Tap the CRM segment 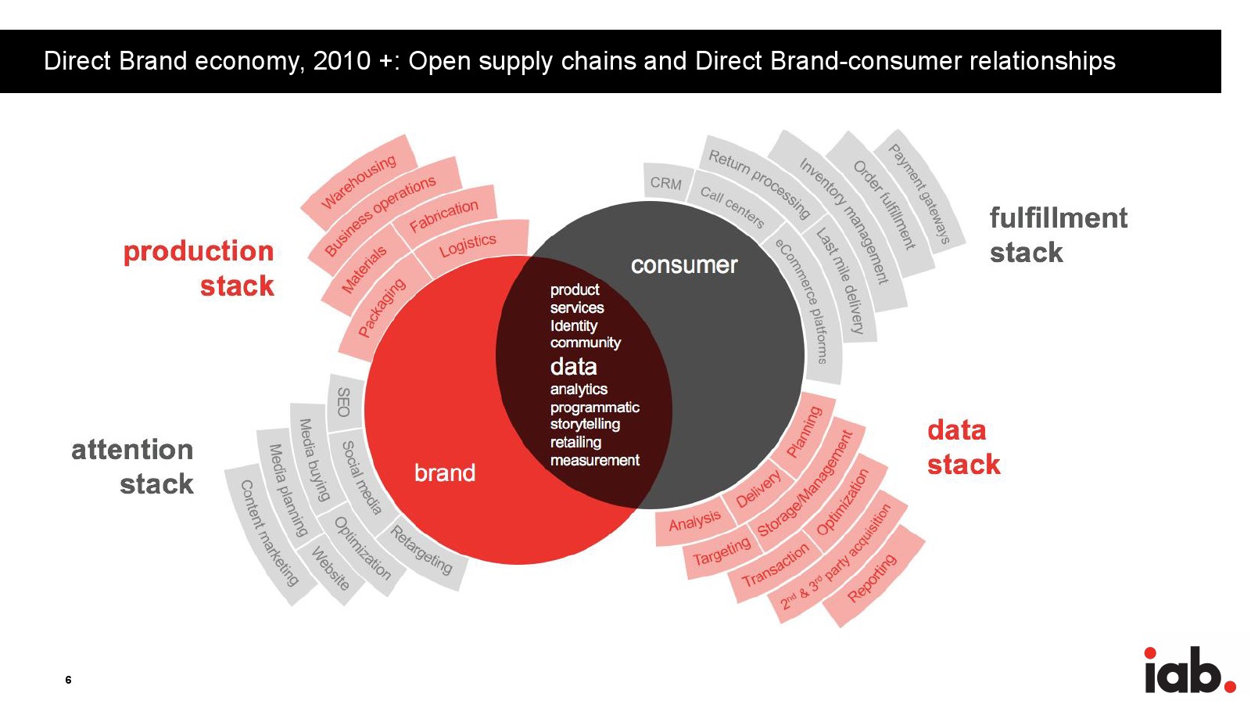coord(666,183)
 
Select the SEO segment coord(343,401)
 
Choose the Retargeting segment coord(421,549)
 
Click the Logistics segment coord(468,245)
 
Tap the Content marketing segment coord(269,533)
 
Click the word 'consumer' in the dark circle coord(684,265)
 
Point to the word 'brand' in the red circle coord(444,472)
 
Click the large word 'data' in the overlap coord(573,366)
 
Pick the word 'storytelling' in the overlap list coord(585,424)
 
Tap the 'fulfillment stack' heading coord(1058,235)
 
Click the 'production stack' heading coord(199,268)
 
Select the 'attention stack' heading coord(133,467)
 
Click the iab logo coord(1188,670)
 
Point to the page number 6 coord(68,680)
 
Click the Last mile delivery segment coord(841,281)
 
